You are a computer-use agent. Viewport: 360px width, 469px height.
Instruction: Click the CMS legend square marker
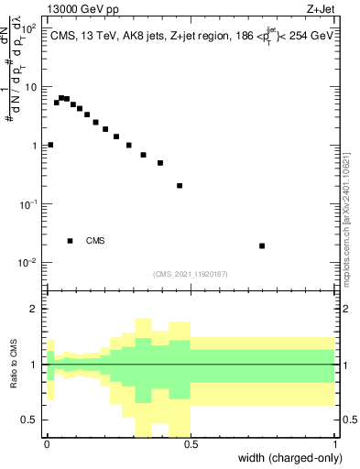pos(71,241)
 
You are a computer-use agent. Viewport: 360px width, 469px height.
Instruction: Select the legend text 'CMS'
pos(95,241)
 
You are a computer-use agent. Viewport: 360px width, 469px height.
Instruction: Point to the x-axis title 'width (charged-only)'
pos(290,457)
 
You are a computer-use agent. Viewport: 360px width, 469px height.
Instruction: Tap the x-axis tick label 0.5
pos(191,444)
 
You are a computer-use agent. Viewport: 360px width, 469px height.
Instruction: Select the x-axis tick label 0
pos(47,444)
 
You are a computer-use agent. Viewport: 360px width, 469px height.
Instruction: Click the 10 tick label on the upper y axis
pos(31,87)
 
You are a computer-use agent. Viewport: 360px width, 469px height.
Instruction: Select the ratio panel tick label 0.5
pos(31,420)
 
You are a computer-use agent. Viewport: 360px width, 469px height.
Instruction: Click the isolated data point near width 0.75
pos(262,245)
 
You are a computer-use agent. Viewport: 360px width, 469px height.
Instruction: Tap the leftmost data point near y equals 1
pos(50,145)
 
